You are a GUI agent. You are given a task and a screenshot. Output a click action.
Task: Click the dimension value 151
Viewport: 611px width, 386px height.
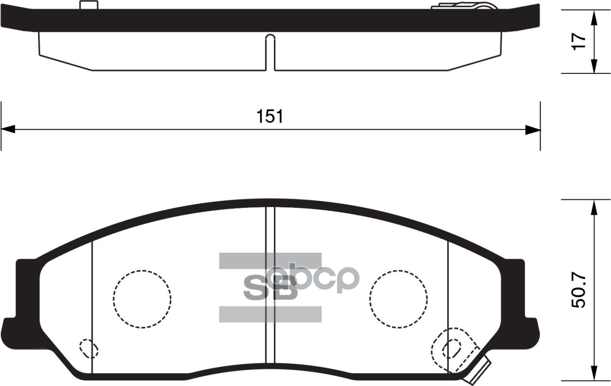(270, 117)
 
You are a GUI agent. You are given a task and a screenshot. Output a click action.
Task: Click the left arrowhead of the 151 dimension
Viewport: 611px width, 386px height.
(9, 129)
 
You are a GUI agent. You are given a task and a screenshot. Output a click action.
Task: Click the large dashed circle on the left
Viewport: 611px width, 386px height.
(142, 299)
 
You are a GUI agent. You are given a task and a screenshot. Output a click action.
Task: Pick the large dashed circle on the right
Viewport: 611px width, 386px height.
(398, 299)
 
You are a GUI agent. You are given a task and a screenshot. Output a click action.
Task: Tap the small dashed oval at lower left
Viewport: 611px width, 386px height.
(88, 348)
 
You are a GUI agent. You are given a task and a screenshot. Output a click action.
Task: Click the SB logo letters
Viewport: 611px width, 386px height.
(270, 288)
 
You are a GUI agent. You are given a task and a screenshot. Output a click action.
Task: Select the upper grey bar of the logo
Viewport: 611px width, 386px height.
(270, 261)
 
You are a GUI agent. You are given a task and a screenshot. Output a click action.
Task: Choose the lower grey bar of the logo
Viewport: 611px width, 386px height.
(270, 314)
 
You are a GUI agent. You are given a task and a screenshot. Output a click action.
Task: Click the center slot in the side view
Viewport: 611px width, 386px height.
(270, 53)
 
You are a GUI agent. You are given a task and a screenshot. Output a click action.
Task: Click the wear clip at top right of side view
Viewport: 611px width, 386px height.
(463, 6)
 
